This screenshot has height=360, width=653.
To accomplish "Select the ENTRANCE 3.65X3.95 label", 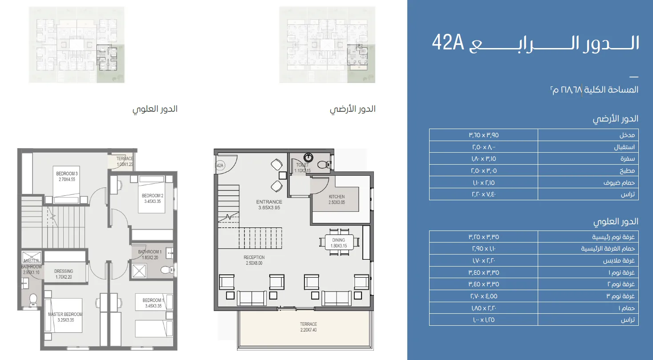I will (269, 205).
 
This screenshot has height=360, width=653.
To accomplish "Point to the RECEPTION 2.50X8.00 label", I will (254, 260).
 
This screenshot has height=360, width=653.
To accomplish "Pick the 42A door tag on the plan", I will (219, 166).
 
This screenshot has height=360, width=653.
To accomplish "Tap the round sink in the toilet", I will (308, 157).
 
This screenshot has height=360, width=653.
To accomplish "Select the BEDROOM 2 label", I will (153, 198).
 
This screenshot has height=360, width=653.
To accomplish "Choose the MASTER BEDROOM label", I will (65, 317).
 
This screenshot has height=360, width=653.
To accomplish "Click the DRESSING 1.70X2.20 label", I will (64, 274).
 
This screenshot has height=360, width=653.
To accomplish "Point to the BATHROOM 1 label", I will (149, 255).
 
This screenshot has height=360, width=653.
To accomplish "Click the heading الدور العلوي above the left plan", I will (155, 109).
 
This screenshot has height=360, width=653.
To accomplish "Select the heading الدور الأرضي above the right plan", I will (353, 109).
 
